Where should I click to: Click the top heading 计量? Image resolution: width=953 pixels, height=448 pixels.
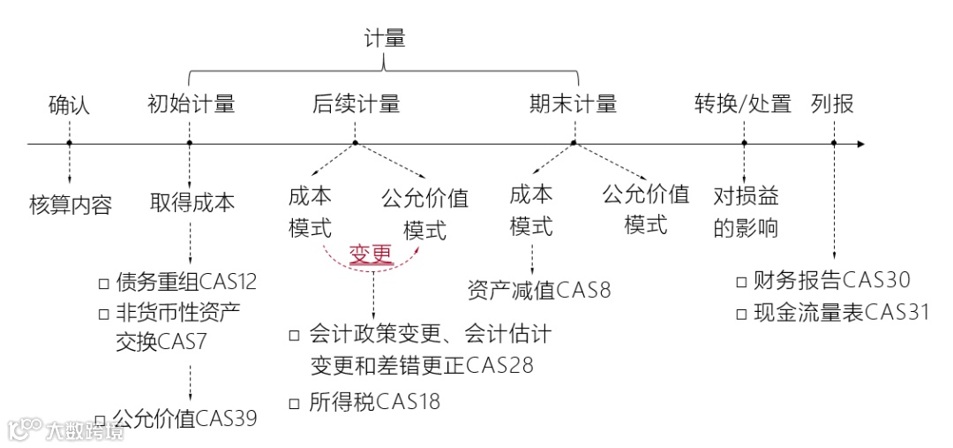pos(385,38)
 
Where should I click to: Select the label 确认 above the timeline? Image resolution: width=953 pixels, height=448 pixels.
pos(69,105)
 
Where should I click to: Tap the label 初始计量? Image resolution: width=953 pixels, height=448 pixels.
pos(191,104)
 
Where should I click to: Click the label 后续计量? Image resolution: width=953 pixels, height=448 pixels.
pos(356,104)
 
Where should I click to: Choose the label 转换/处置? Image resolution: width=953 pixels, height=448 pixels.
pos(743,104)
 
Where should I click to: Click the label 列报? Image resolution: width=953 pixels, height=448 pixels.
pos(832,104)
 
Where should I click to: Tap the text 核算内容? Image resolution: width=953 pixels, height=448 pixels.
pos(71,206)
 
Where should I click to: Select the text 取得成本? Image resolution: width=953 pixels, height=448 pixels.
pos(192,202)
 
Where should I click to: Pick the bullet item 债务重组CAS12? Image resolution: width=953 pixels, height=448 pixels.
pos(186,283)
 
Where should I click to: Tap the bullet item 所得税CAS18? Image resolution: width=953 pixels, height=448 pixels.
pos(374,402)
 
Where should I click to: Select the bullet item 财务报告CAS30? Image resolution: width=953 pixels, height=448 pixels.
pos(831,281)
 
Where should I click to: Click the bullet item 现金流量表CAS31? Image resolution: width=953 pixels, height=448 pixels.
pos(841,312)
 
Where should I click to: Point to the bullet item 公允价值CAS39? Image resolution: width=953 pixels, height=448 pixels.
pos(185,418)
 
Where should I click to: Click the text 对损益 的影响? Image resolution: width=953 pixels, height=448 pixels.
pos(746,211)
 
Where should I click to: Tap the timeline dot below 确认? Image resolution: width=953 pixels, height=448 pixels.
pos(69,143)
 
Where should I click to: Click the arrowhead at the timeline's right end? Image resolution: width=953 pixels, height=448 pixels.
pos(860,143)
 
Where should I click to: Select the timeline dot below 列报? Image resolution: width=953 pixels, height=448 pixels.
pos(833,143)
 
